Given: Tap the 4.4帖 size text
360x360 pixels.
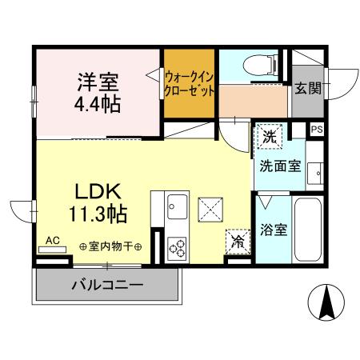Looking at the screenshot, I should [99, 104].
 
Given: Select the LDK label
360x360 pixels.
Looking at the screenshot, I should [98, 192].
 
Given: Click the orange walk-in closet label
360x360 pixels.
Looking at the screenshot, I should [190, 84].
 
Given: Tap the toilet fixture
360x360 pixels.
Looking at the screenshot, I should [254, 64].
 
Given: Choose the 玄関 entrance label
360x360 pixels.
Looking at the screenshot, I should [306, 89].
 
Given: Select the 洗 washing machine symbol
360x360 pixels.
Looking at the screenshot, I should [270, 137].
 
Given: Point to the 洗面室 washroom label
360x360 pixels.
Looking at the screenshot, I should [278, 166].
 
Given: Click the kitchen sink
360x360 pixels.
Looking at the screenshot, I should [176, 210].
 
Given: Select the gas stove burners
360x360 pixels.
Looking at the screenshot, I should [176, 247].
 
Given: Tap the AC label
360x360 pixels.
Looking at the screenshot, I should [53, 240].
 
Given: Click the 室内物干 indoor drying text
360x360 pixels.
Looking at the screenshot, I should [110, 246].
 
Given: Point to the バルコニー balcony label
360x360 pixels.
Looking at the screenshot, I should [106, 284].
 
